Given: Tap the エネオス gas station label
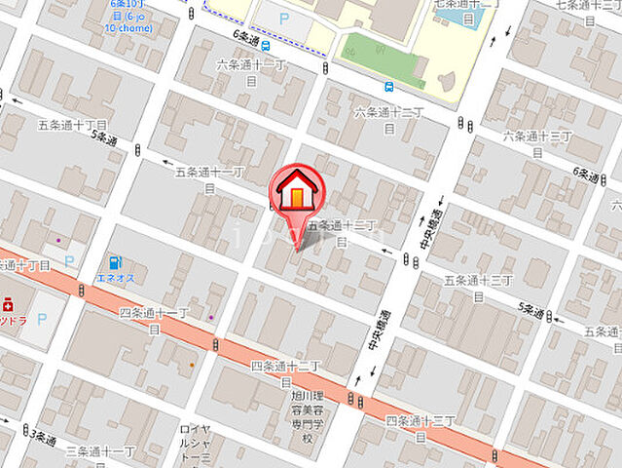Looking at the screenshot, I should [115, 278].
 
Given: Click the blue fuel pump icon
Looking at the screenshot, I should [115, 262].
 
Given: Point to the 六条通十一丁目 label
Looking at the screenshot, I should [252, 71].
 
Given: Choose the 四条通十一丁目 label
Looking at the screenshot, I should [154, 320].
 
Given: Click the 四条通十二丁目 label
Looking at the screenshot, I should [285, 373].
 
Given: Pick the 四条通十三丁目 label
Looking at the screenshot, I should [420, 427].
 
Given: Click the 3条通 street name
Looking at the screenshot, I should [43, 439].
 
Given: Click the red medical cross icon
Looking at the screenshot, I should [7, 302].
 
